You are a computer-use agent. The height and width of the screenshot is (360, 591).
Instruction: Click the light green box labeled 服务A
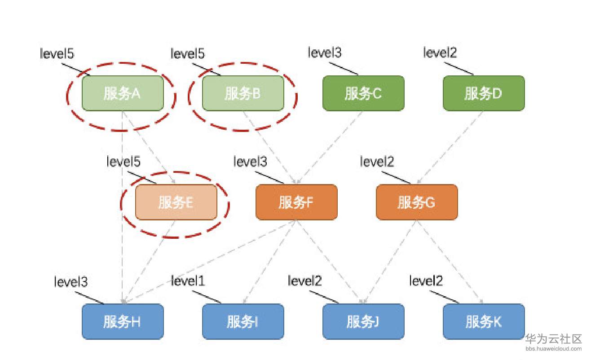coord(122,93)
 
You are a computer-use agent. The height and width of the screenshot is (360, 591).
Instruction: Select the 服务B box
coord(243,93)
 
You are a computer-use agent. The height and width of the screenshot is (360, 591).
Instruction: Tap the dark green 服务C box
coord(363,93)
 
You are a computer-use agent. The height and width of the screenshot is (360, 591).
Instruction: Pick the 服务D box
coord(484,93)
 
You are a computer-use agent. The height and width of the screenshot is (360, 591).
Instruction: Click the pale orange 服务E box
coord(176,202)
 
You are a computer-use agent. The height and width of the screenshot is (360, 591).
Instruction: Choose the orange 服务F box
coord(296,202)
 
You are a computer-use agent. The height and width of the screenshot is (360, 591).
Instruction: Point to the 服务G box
coord(416,202)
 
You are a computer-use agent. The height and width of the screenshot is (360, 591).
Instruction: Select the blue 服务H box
coord(122,321)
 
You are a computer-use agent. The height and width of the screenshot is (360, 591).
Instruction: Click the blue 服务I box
coord(243,321)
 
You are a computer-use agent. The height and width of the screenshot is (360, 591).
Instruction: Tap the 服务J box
coord(363,321)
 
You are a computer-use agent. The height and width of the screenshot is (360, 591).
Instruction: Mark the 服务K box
coord(484,321)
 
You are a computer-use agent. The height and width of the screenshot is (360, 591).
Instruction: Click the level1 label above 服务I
coord(188,281)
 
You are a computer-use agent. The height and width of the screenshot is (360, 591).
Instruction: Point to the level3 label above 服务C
coord(325,53)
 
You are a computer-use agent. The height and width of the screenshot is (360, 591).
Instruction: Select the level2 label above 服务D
coord(440,53)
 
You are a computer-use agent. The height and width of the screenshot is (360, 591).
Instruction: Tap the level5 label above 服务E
coord(123,161)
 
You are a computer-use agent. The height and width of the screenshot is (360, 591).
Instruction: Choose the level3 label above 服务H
coord(71,282)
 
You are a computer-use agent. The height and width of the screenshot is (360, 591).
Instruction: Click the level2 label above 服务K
coord(426,281)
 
